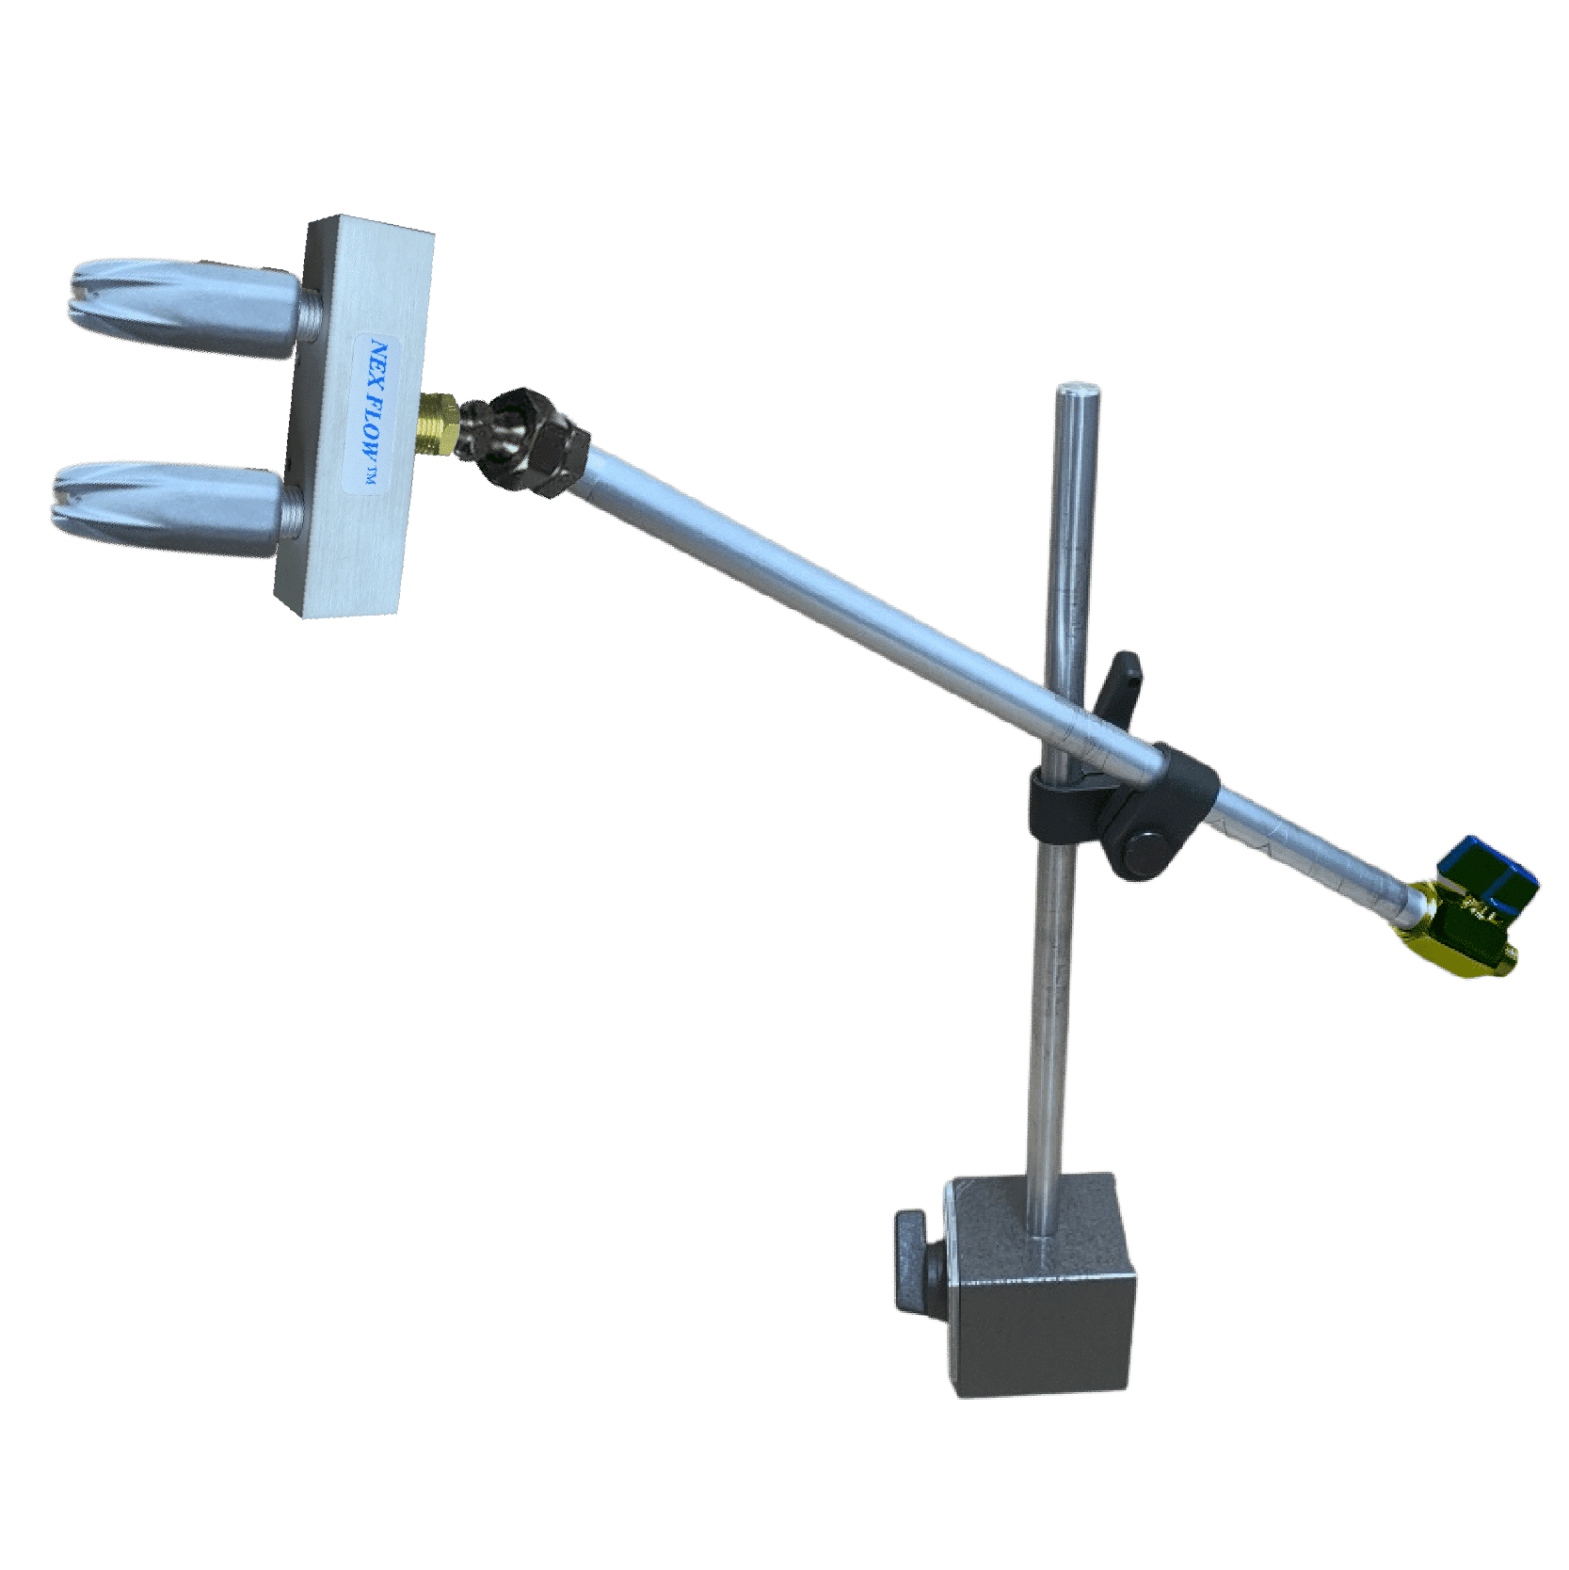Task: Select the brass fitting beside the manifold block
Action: (x=439, y=425)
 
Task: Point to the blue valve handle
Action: (x=1489, y=871)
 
